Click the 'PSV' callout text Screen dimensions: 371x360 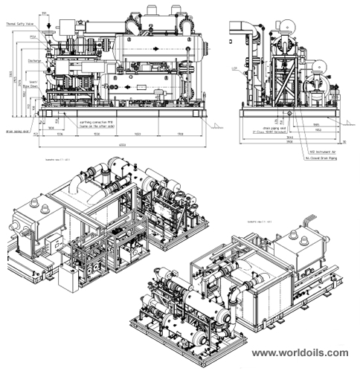tap(33, 36)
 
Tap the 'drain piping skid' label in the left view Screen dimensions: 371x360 tap(16, 131)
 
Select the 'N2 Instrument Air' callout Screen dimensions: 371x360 tap(321, 151)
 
